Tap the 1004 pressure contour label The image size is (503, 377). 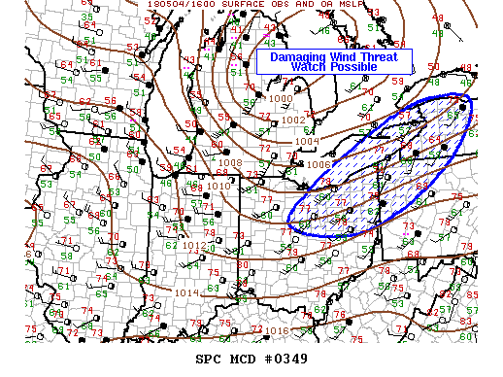pos(307,142)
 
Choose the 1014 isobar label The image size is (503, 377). pos(186,291)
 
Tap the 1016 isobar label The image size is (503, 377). pos(278,331)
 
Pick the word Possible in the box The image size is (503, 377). pos(362,67)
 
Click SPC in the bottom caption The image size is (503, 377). pos(209,360)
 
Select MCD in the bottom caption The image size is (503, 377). pos(240,360)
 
